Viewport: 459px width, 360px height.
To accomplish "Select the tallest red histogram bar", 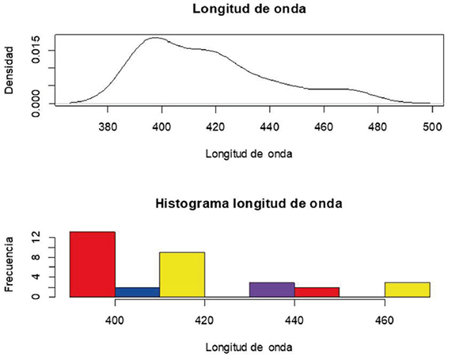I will [x=93, y=264].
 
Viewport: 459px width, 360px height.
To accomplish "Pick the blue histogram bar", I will [x=137, y=292].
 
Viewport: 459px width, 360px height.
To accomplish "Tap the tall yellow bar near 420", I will [x=182, y=275].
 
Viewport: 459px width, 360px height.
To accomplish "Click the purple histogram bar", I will [x=271, y=290].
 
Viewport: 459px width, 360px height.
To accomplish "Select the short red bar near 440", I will [x=317, y=292].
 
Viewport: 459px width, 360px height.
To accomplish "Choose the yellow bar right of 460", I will [x=407, y=290].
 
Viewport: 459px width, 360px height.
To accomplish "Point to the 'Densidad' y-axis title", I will [x=9, y=70].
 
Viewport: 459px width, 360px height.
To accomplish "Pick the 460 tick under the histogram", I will [x=385, y=320].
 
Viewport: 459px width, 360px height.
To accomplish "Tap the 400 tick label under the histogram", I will [x=115, y=320].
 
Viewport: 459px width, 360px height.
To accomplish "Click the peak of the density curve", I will [x=156, y=37].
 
